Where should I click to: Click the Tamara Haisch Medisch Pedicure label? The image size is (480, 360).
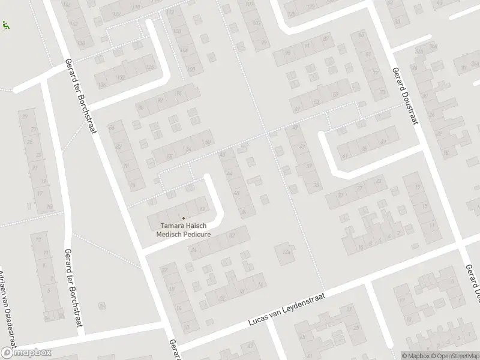(184, 230)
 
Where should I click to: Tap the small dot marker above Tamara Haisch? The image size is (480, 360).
(184, 218)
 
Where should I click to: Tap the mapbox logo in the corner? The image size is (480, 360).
(26, 353)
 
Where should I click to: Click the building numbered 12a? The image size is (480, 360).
(287, 252)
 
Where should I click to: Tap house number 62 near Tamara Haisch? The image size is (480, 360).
(202, 209)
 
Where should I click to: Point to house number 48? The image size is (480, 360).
(223, 155)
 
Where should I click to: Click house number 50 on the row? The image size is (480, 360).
(208, 142)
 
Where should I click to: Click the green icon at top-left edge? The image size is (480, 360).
(5, 25)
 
